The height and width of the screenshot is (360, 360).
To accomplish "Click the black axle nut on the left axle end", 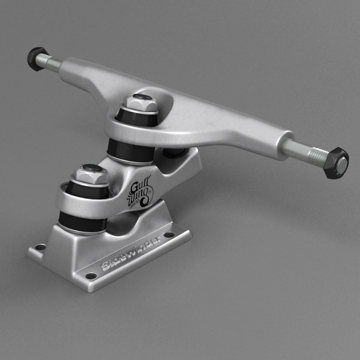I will [x=36, y=59].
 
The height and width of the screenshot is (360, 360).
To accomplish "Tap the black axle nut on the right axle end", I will [x=336, y=163].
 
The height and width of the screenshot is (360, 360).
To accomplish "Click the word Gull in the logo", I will [x=138, y=186].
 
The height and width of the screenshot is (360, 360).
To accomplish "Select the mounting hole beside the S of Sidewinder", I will [x=91, y=276].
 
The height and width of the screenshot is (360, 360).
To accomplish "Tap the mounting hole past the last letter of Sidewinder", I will [x=169, y=234].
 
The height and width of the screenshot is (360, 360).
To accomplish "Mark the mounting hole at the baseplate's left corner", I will [x=41, y=247].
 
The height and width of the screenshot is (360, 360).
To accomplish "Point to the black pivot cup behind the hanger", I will [x=175, y=152].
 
